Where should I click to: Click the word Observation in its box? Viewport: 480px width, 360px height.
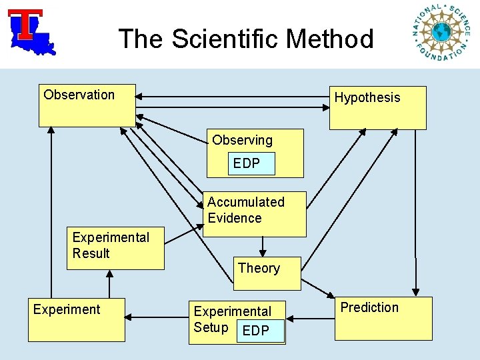[79, 95]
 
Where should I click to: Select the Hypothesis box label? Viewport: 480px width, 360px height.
[367, 97]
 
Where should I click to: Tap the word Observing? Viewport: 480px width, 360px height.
[242, 140]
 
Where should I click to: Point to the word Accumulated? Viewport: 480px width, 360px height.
[245, 202]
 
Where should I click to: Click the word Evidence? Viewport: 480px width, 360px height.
[234, 218]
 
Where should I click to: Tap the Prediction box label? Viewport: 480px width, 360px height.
[369, 307]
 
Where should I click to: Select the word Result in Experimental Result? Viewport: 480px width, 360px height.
[91, 253]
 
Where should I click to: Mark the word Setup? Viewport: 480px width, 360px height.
[211, 327]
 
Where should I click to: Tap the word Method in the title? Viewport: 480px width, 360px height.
[329, 39]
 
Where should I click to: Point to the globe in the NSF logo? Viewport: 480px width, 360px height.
[441, 31]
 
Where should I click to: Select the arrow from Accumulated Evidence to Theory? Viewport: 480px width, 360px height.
[263, 246]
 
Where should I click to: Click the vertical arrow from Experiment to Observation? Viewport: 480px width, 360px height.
[51, 213]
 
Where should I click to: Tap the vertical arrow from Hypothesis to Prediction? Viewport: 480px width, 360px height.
[415, 213]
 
